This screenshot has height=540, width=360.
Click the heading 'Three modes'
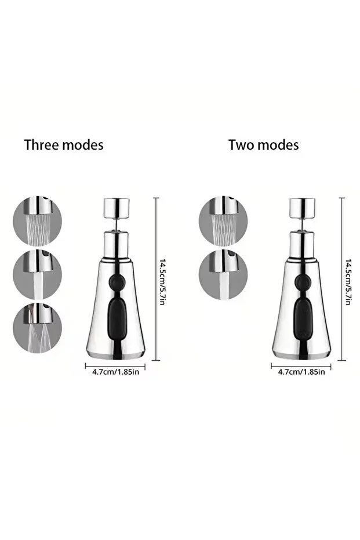pyautogui.click(x=64, y=145)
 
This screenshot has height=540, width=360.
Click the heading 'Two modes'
pyautogui.click(x=263, y=145)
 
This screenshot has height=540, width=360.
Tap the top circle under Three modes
pyautogui.click(x=37, y=221)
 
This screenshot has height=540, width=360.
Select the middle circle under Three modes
pyautogui.click(x=37, y=274)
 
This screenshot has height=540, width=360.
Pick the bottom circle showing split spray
pyautogui.click(x=37, y=328)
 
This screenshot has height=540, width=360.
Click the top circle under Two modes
pyautogui.click(x=223, y=221)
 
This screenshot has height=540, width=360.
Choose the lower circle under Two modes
pyautogui.click(x=223, y=274)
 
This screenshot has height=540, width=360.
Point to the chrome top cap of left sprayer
pyautogui.click(x=117, y=208)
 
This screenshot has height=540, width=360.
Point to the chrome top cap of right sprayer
pyautogui.click(x=302, y=208)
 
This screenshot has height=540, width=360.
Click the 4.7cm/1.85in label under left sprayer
pyautogui.click(x=115, y=372)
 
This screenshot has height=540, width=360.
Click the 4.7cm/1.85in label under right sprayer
pyautogui.click(x=301, y=372)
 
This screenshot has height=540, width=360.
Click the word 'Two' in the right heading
pyautogui.click(x=240, y=145)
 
